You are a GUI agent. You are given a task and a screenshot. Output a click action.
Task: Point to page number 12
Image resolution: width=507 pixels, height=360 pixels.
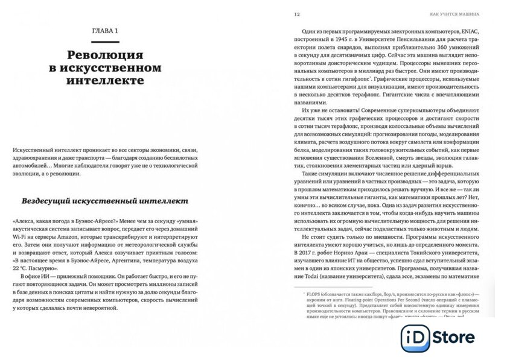(296, 13)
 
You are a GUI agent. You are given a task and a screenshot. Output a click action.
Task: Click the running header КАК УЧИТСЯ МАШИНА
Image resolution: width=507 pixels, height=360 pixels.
(451, 13)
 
